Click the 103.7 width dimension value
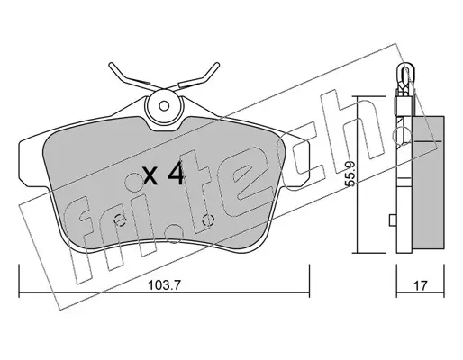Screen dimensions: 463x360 point(164,285)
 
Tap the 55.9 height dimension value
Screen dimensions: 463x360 point(350,174)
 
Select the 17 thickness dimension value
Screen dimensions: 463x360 point(420,285)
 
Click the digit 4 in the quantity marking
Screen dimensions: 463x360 point(176,173)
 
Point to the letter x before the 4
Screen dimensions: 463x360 point(150,176)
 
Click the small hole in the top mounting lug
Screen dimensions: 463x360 point(164,106)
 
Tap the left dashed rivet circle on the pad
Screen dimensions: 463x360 point(121,220)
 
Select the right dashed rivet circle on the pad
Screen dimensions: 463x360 point(208,220)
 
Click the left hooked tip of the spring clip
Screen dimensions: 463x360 point(111,65)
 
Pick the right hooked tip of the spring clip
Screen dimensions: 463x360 point(217,65)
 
